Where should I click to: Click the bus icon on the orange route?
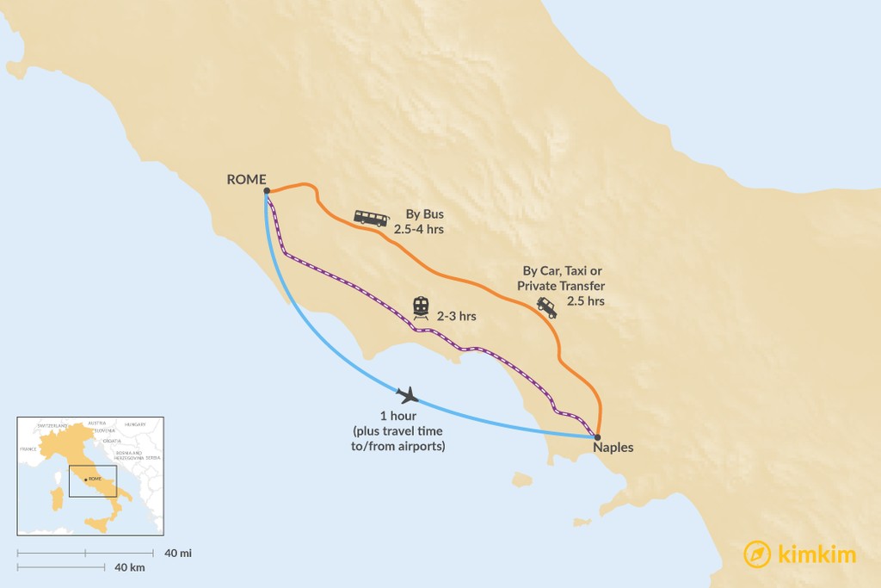pos(371,219)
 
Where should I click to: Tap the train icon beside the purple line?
pos(421,306)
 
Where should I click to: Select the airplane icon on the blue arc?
pos(408,395)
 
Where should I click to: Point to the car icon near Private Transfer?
pos(546,306)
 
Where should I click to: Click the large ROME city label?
pos(246,179)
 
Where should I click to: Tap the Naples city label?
pos(613,448)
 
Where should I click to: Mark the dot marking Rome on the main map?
pos(267,191)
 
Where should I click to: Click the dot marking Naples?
pos(598,436)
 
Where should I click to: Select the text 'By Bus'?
pos(424,214)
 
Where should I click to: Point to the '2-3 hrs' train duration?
pos(456,317)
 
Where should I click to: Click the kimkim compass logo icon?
pos(756,554)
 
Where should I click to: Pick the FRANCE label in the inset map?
pos(28,449)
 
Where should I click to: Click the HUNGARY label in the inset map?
pos(136,424)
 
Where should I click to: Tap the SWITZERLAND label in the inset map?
pos(52,426)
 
